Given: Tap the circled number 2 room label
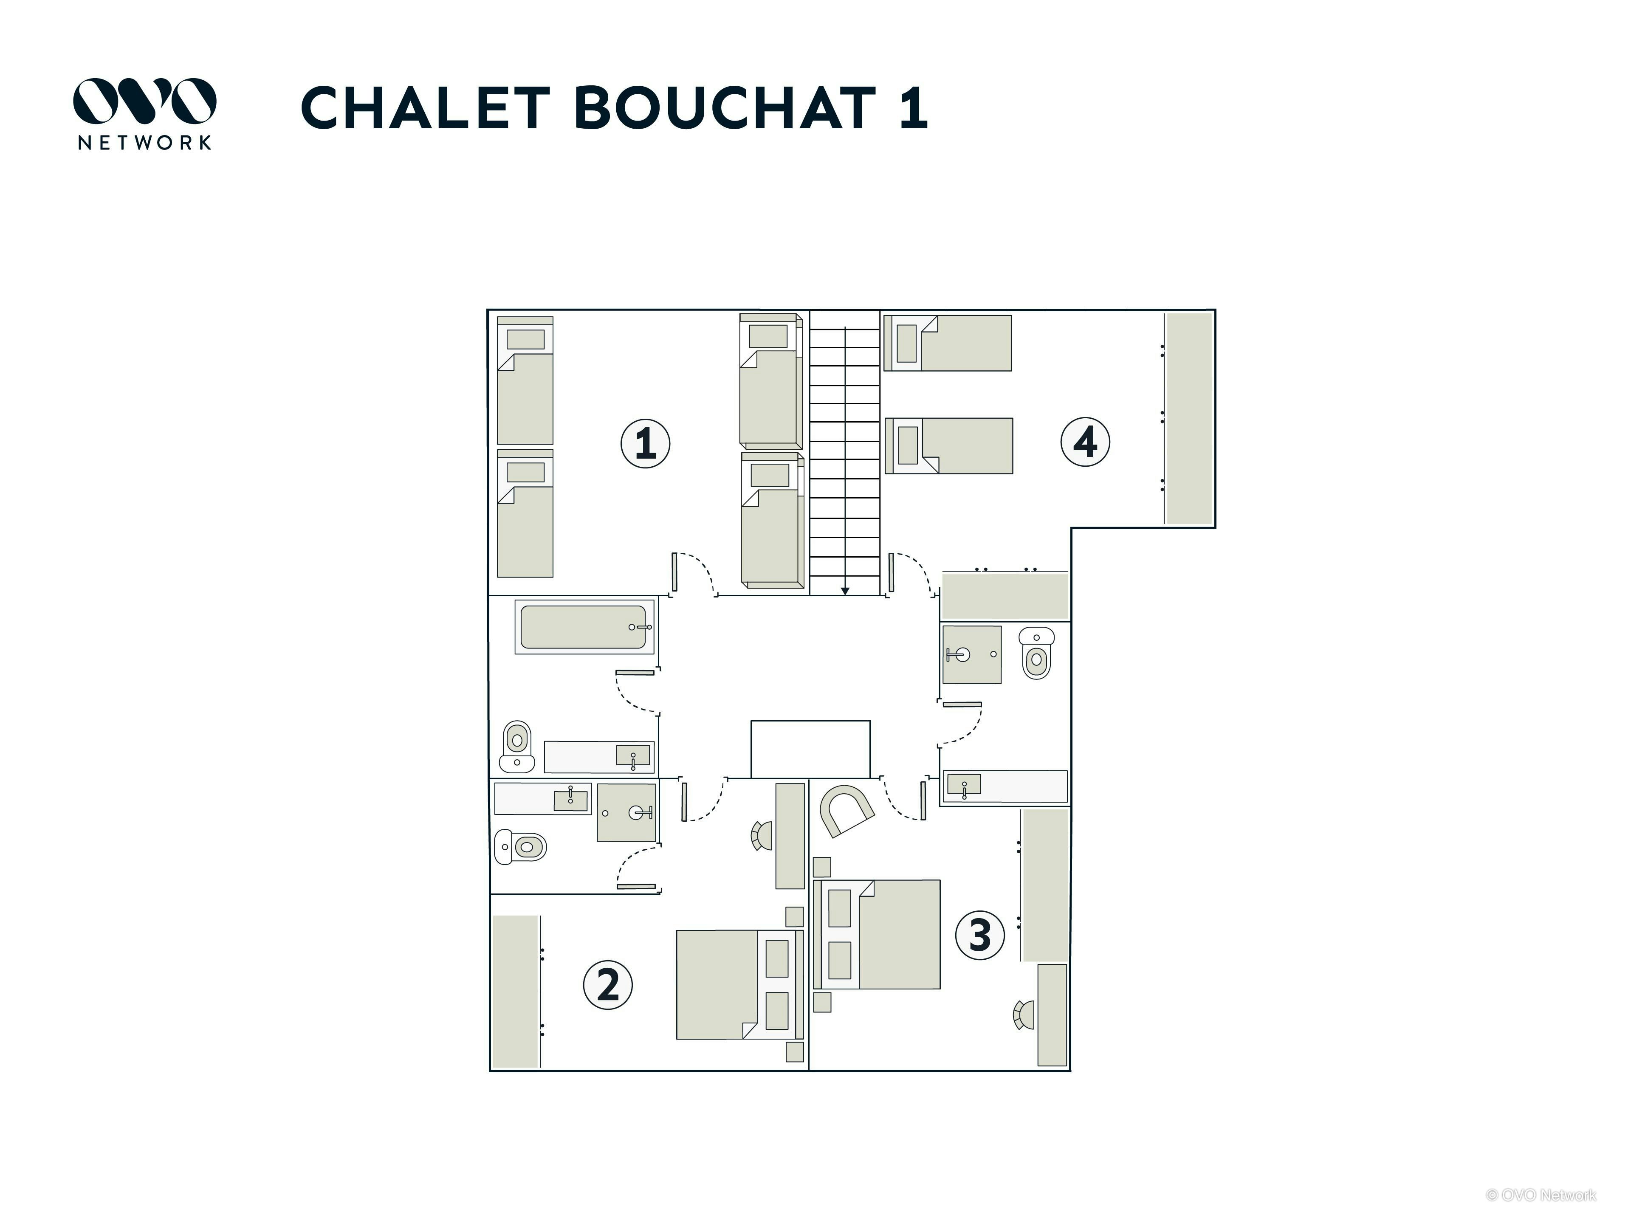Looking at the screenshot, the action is (x=607, y=984).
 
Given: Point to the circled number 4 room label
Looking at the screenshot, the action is (x=1085, y=442).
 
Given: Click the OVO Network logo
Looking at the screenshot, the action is (x=144, y=113).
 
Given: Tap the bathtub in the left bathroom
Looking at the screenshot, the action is (x=584, y=627).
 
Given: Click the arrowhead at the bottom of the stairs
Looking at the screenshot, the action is (x=845, y=591).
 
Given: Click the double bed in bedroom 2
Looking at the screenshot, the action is (x=739, y=984).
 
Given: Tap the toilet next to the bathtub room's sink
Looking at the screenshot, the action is (x=517, y=745).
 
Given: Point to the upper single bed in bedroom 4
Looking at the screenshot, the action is (x=948, y=343).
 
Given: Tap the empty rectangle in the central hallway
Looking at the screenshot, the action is (x=810, y=749).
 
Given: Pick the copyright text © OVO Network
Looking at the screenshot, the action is (x=1541, y=1195).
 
